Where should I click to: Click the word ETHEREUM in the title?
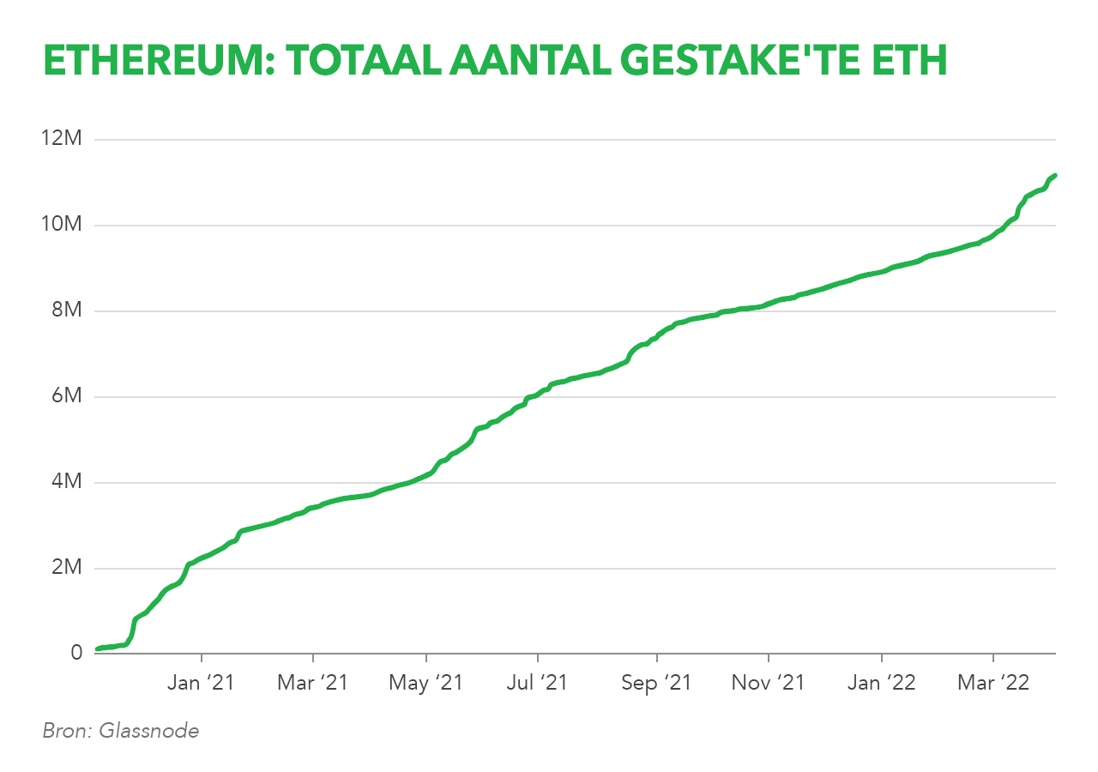tap(155, 61)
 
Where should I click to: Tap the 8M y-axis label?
tap(67, 311)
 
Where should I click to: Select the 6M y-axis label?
tap(67, 397)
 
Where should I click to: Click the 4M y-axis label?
tap(67, 482)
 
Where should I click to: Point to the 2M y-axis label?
tap(67, 568)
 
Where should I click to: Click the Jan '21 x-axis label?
tap(202, 683)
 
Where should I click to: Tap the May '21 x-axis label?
tap(426, 683)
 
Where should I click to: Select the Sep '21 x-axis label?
tap(656, 683)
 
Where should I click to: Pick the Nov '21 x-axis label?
tap(769, 683)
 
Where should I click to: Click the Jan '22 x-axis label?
tap(882, 683)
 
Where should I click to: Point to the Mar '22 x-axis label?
tap(993, 683)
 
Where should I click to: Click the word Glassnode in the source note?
tap(149, 732)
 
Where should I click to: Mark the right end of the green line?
tap(1054, 175)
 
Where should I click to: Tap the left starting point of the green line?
tap(97, 648)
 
